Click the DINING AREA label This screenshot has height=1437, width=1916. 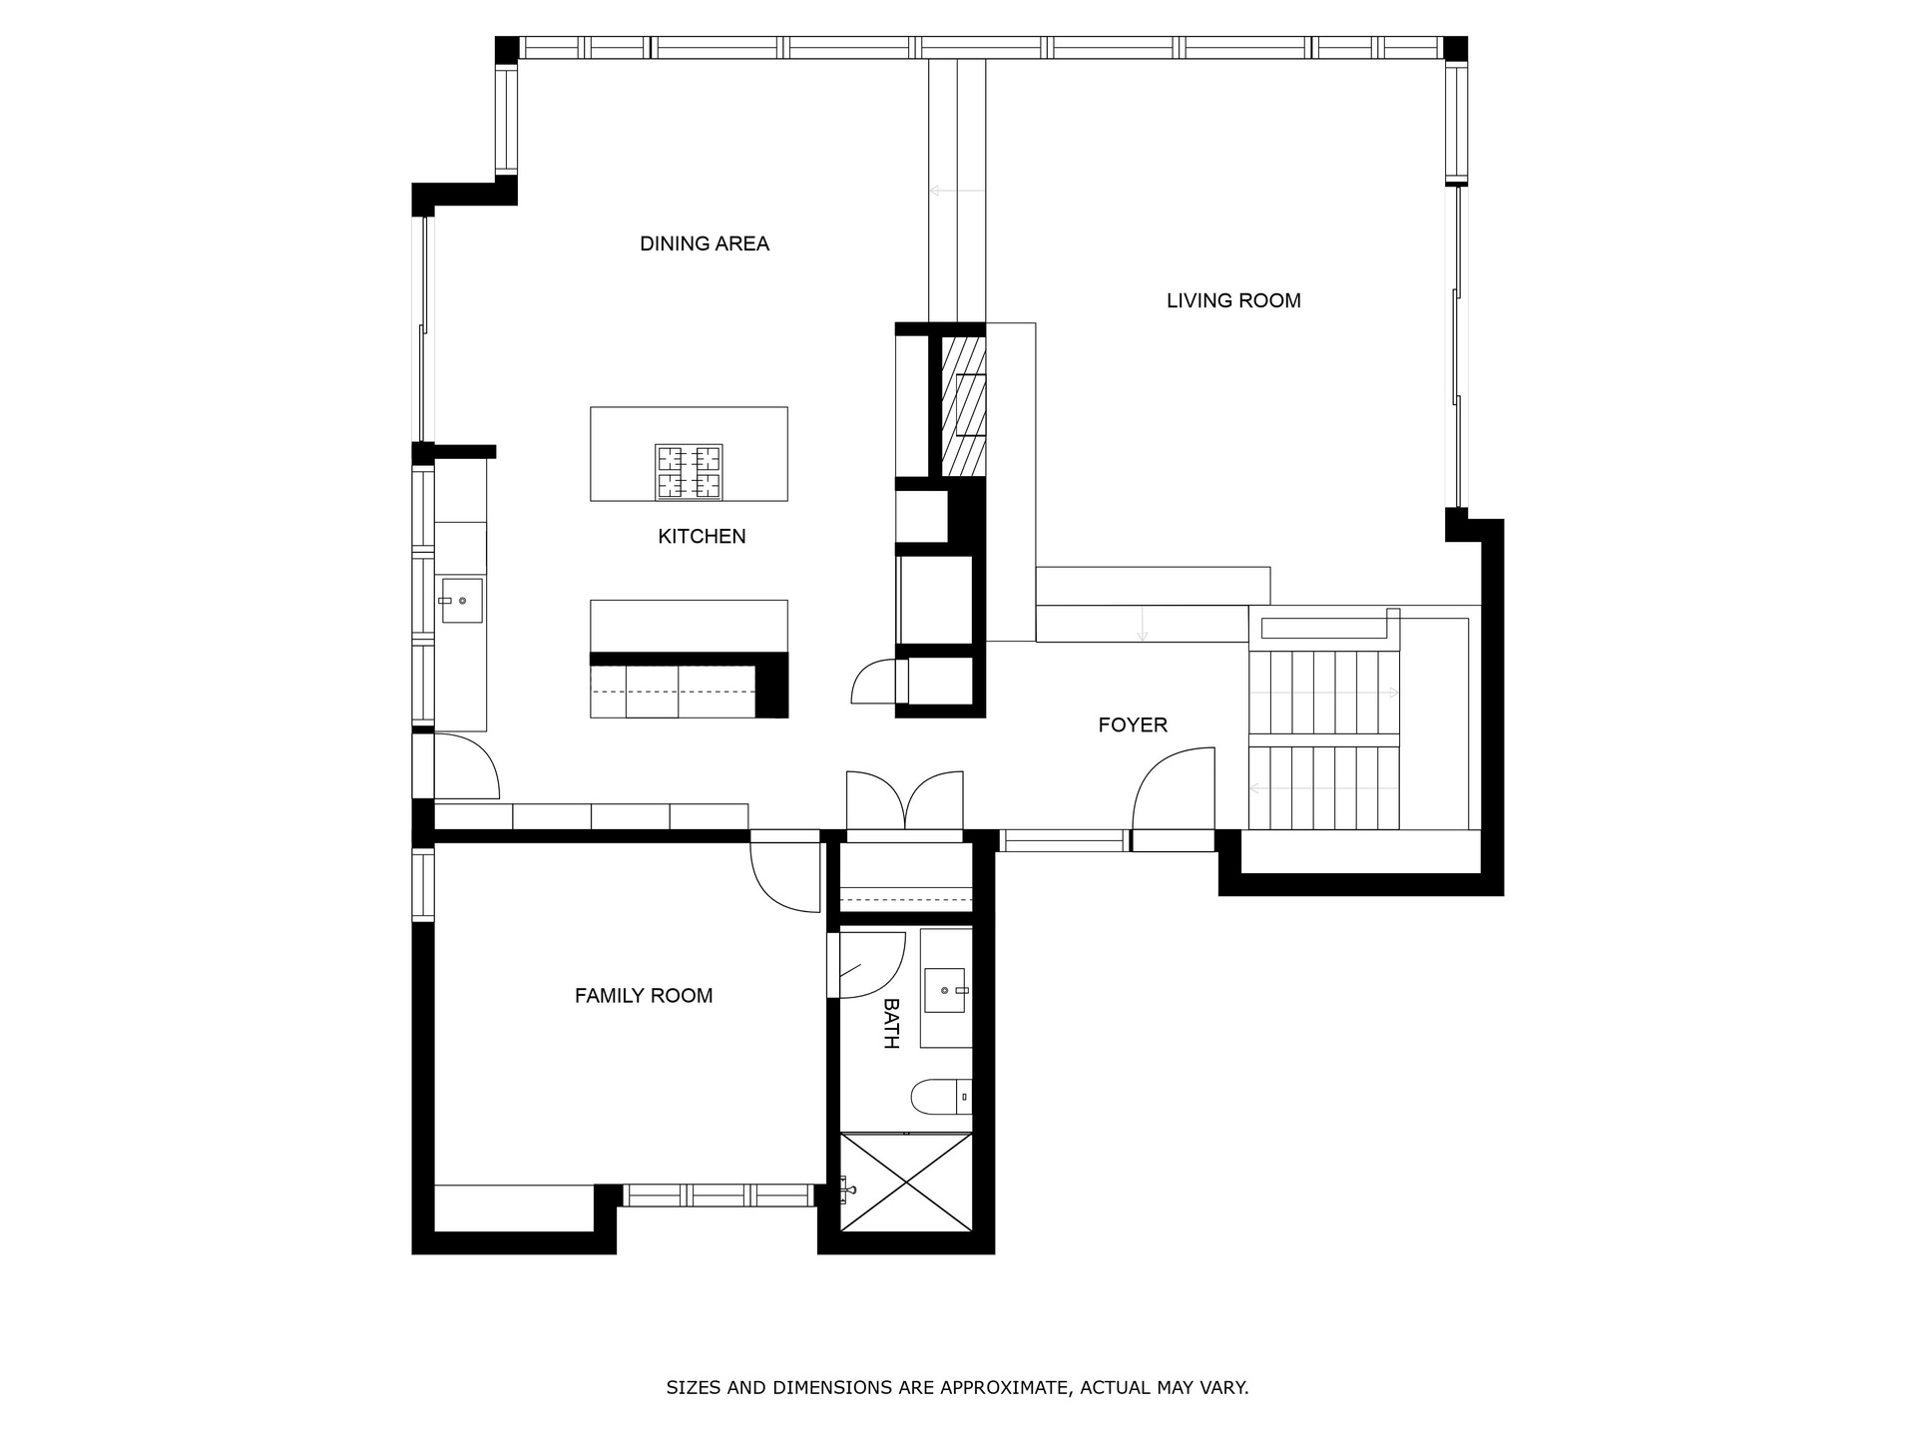pyautogui.click(x=705, y=243)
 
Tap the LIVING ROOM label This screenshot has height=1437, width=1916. pyautogui.click(x=1233, y=300)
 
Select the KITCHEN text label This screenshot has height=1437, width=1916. pyautogui.click(x=702, y=537)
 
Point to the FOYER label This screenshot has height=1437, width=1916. pyautogui.click(x=1133, y=725)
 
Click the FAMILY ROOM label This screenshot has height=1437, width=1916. pyautogui.click(x=644, y=996)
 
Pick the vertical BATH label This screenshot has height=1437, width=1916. pyautogui.click(x=891, y=1023)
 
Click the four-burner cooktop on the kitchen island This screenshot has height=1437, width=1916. pyautogui.click(x=689, y=472)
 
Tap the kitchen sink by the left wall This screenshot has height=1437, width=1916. pyautogui.click(x=462, y=601)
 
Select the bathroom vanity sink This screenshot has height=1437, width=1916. pyautogui.click(x=945, y=990)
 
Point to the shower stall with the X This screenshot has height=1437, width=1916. pyautogui.click(x=905, y=1182)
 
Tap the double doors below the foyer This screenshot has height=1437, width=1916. pyautogui.click(x=905, y=801)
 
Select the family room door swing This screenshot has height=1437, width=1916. pyautogui.click(x=784, y=876)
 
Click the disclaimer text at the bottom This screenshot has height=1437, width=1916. pyautogui.click(x=957, y=1388)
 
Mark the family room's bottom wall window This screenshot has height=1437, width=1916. pyautogui.click(x=718, y=1195)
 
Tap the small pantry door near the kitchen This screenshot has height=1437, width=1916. pyautogui.click(x=873, y=682)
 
